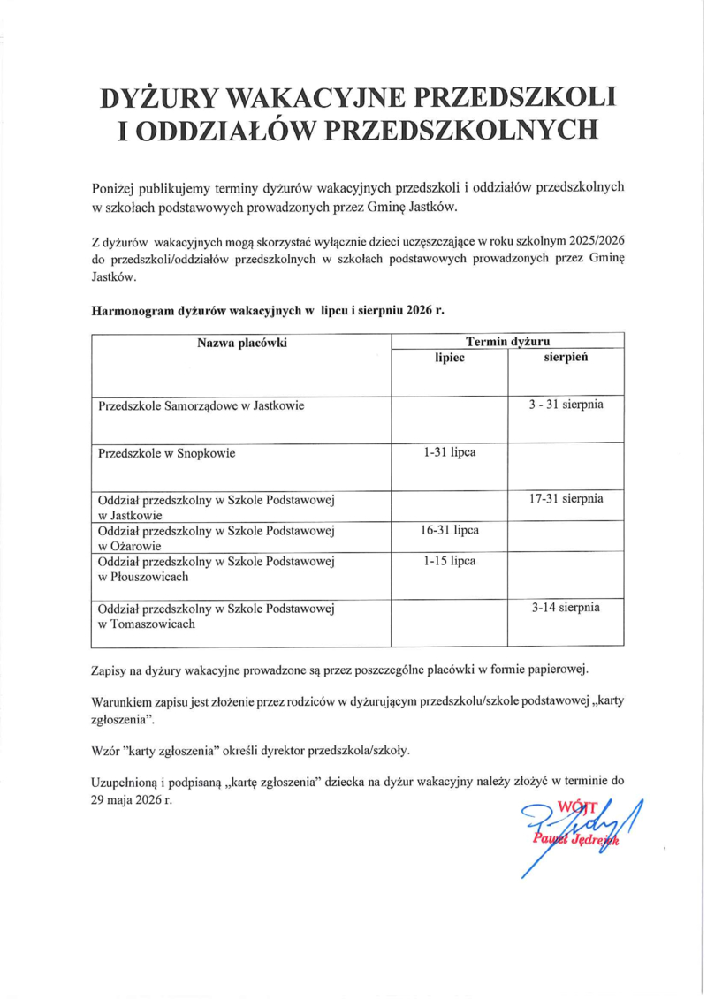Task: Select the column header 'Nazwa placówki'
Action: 242,343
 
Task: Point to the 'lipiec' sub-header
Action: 450,359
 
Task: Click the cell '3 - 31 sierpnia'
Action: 566,405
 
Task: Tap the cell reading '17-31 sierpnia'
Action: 566,499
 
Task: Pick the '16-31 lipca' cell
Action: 450,530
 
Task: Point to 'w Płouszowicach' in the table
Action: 143,577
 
